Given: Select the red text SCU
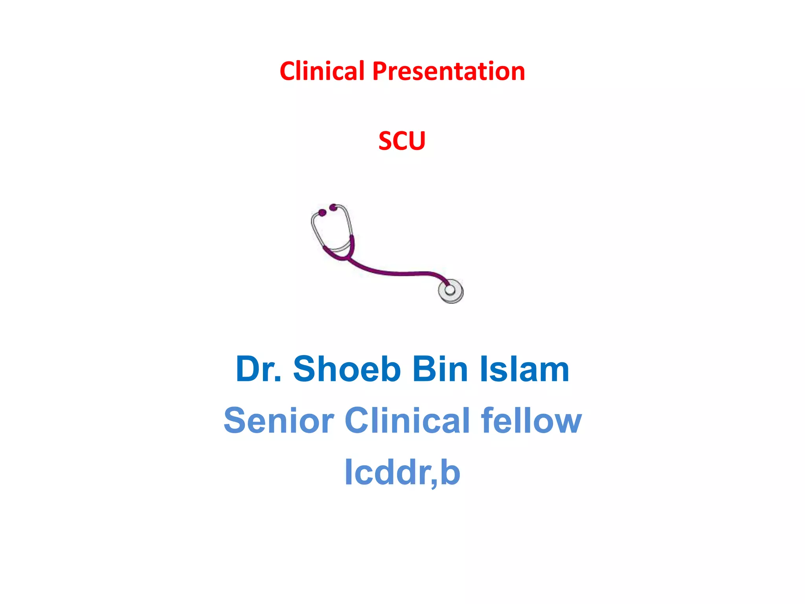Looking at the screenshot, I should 402,141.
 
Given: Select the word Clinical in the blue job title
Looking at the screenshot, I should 407,420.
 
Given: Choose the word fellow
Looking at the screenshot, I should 531,420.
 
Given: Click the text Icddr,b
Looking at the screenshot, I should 402,472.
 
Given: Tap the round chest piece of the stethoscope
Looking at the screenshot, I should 450,291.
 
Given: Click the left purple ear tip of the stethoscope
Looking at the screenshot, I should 322,213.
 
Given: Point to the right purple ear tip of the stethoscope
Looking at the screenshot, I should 333,207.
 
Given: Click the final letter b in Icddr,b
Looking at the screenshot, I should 450,472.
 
